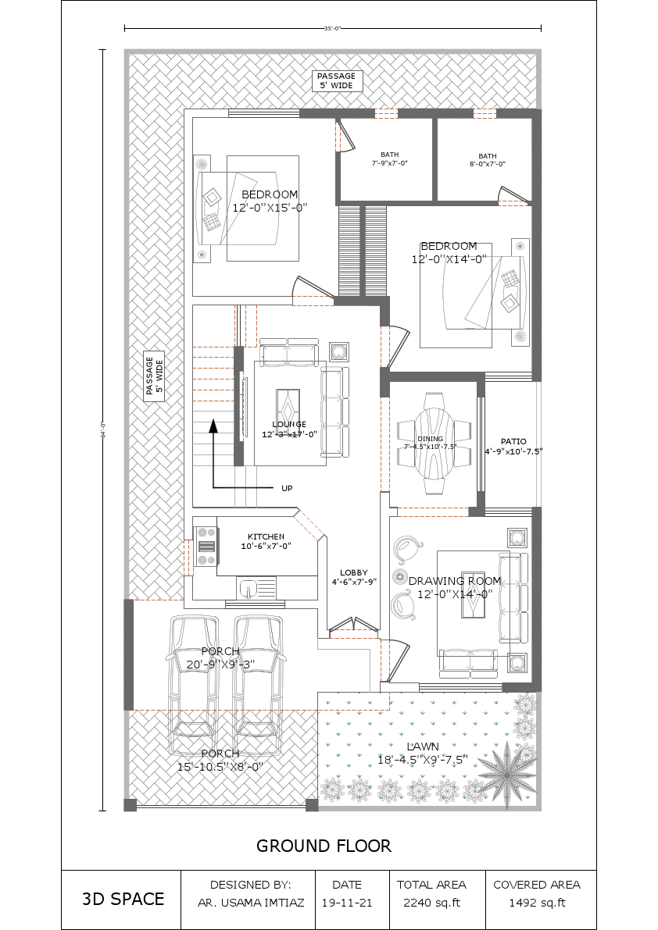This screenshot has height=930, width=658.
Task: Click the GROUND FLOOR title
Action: [x=324, y=846]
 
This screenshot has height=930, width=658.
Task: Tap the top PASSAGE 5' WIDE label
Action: [x=336, y=80]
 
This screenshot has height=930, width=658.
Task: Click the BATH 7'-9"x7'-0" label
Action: [x=389, y=159]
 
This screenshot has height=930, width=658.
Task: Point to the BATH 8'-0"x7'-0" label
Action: [x=487, y=159]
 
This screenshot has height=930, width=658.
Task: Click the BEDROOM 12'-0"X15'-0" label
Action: [x=270, y=201]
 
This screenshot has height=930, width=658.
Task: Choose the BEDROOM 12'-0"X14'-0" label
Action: [x=449, y=252]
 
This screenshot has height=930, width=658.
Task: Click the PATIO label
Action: [x=513, y=446]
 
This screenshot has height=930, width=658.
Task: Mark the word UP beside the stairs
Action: [x=287, y=488]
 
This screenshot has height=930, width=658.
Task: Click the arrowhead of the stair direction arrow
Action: [x=213, y=426]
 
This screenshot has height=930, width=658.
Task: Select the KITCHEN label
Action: [x=266, y=541]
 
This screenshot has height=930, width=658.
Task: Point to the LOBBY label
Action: [x=353, y=577]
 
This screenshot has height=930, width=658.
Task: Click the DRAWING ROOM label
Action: [x=455, y=587]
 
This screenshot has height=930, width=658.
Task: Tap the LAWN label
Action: [x=423, y=753]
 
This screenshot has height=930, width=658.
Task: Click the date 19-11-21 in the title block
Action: [x=347, y=903]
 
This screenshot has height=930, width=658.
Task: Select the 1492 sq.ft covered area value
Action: [x=537, y=903]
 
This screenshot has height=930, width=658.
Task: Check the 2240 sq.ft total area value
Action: [x=431, y=903]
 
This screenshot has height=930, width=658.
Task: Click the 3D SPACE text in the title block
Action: [x=123, y=899]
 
